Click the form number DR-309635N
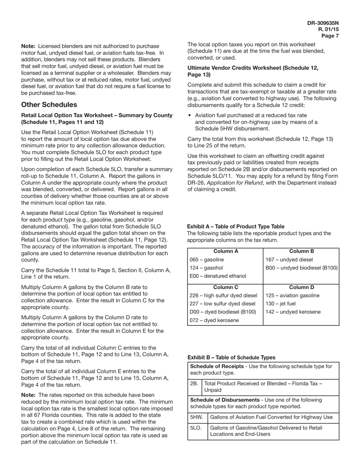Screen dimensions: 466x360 click(323, 23)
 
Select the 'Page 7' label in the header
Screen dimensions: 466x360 click(330, 36)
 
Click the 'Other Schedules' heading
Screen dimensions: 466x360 click(49, 105)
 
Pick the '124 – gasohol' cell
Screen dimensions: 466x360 click(206, 268)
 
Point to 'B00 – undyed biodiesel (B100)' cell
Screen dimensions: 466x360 click(302, 268)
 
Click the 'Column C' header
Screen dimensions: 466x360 click(225, 288)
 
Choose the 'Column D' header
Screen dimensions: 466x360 click(302, 288)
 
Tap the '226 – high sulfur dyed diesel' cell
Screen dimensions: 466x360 click(223, 296)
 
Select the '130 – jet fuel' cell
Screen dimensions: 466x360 click(280, 303)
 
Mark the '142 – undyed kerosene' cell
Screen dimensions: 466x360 click(293, 312)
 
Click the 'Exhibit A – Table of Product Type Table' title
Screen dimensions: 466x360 click(236, 227)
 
